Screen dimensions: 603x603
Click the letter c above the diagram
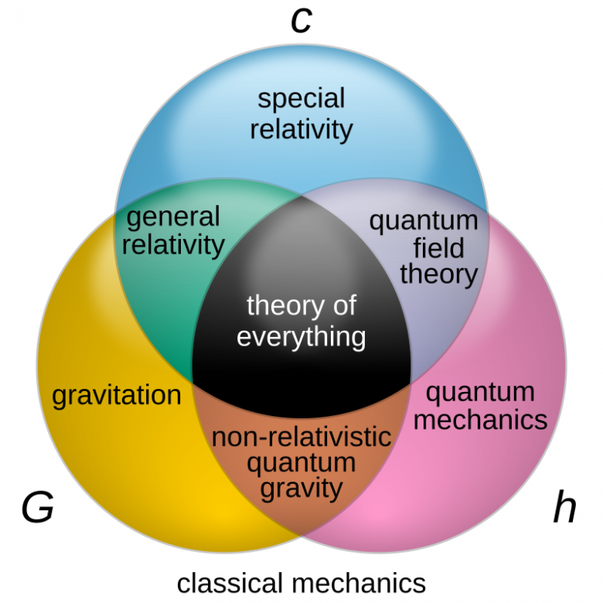301,21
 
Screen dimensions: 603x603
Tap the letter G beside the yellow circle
37,509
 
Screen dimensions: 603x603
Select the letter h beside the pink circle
564,508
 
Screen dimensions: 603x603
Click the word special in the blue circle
301,100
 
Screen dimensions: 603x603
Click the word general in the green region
173,217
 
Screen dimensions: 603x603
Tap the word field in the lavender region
438,247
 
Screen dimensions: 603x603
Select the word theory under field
438,274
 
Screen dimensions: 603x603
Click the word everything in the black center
301,336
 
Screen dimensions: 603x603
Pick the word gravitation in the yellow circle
117,396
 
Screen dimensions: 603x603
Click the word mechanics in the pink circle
486,420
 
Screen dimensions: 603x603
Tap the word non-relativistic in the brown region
301,437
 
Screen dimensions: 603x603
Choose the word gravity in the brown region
301,488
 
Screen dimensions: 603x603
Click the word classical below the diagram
226,582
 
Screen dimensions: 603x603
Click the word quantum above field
424,221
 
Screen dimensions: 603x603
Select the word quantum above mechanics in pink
480,392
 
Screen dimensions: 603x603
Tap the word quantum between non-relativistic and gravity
301,462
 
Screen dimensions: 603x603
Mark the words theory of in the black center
301,306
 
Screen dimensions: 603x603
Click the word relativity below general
173,245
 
